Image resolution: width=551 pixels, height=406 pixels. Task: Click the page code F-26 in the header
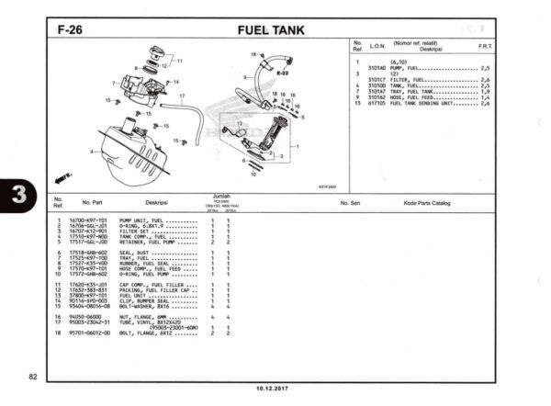tap(71, 29)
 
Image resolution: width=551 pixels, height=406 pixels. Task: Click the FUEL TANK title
tap(265, 29)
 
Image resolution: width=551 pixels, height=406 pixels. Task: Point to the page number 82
tap(31, 378)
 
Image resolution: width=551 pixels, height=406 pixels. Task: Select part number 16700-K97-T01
tap(88, 220)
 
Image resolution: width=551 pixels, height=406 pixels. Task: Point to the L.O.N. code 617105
tap(377, 103)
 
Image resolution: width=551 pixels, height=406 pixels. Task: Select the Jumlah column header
tap(219, 196)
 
